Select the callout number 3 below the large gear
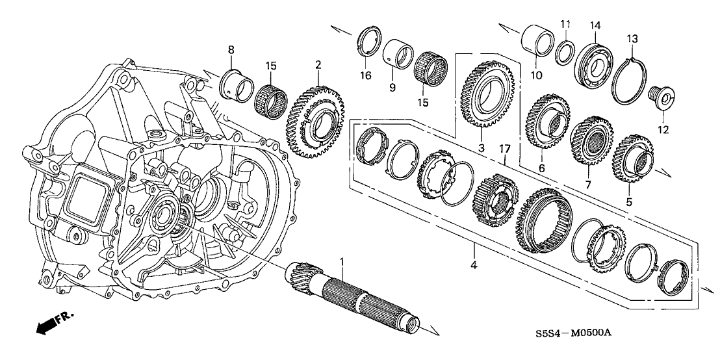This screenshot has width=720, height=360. (482, 149)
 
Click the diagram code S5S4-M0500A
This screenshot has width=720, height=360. (576, 333)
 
